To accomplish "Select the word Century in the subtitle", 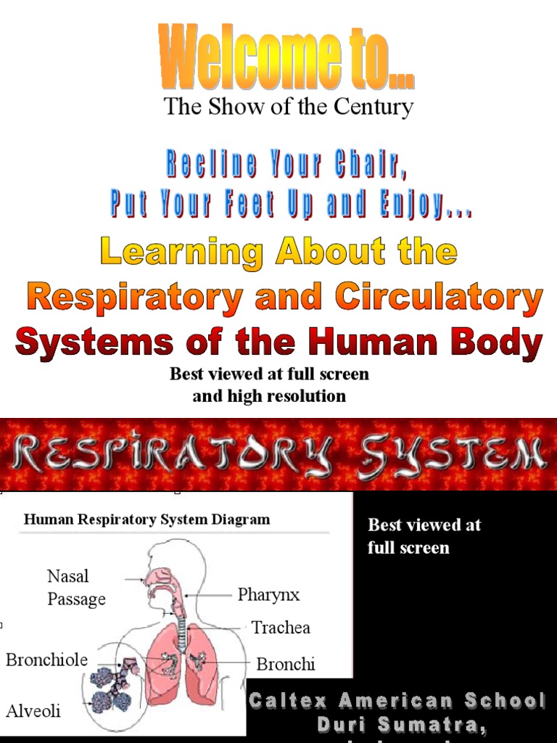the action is pyautogui.click(x=373, y=107).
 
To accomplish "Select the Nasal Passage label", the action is pyautogui.click(x=76, y=588).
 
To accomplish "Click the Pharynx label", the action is pyautogui.click(x=268, y=595).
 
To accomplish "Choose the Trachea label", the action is pyautogui.click(x=281, y=628).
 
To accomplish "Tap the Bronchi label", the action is pyautogui.click(x=286, y=664).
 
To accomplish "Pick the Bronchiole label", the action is pyautogui.click(x=46, y=660).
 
